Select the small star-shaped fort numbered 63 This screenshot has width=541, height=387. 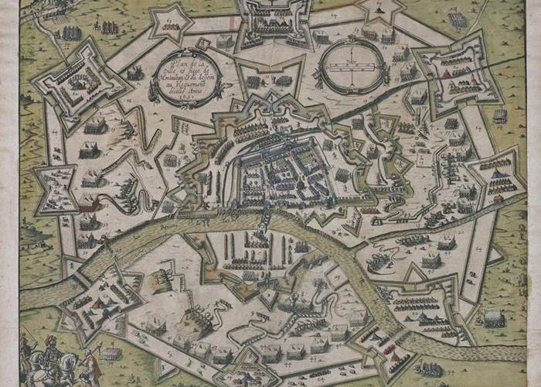pyautogui.click(x=171, y=22)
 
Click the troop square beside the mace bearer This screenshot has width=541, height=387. pyautogui.click(x=111, y=354)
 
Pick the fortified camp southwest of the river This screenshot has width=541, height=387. pyautogui.click(x=97, y=298)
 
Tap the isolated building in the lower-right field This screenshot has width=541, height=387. pyautogui.click(x=494, y=317)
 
